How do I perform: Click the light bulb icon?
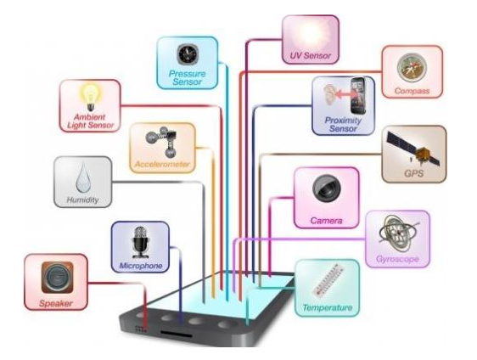[90, 97]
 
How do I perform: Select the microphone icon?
[140, 243]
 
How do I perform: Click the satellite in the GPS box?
[413, 149]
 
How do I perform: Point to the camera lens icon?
[327, 188]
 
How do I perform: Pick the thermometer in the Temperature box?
[328, 280]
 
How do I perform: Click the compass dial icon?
[412, 68]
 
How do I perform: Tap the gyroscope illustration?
[398, 233]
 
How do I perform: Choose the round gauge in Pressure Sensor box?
[188, 54]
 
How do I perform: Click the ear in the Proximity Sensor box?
[329, 94]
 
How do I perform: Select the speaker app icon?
[57, 278]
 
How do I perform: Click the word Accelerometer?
[162, 165]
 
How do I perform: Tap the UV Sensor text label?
[311, 56]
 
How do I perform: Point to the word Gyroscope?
[397, 259]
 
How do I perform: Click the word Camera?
[327, 221]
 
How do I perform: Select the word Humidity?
[82, 200]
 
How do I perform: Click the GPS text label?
[413, 173]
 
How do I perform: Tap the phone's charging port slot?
[177, 334]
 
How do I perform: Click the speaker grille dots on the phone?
[141, 329]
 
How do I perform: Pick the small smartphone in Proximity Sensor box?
[358, 96]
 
